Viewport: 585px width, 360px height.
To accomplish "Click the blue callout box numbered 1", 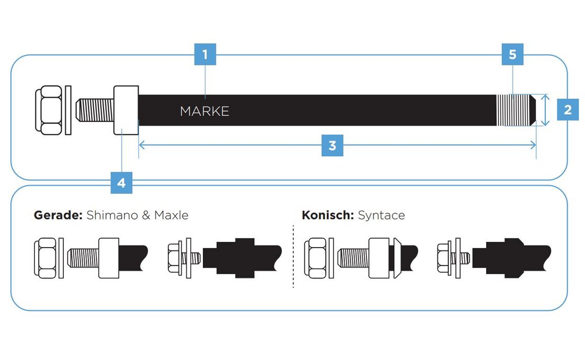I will (x=205, y=54).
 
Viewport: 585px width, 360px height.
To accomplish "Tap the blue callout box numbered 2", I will (x=567, y=110).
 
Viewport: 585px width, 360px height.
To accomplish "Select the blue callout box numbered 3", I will (x=332, y=146).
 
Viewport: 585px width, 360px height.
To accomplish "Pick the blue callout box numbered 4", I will (x=121, y=183).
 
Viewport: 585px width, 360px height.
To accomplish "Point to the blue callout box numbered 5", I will (x=512, y=54).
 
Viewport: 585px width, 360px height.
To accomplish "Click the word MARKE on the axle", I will (x=204, y=111).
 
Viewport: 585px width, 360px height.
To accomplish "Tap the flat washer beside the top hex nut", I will (x=68, y=110).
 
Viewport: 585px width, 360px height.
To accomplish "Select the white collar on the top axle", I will (x=126, y=110).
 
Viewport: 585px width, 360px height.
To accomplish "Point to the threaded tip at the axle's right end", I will (x=515, y=110).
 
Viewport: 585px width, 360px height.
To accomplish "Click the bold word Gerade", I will (x=58, y=215).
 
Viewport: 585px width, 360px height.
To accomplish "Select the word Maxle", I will (x=171, y=215).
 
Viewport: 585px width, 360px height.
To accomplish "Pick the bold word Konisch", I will (x=328, y=215).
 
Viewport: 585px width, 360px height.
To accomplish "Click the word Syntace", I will (x=381, y=215).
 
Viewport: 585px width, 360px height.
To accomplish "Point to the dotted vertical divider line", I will (x=293, y=256).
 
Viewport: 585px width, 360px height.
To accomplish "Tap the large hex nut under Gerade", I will (x=47, y=257).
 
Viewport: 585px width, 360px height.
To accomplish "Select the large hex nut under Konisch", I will (x=317, y=257).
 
